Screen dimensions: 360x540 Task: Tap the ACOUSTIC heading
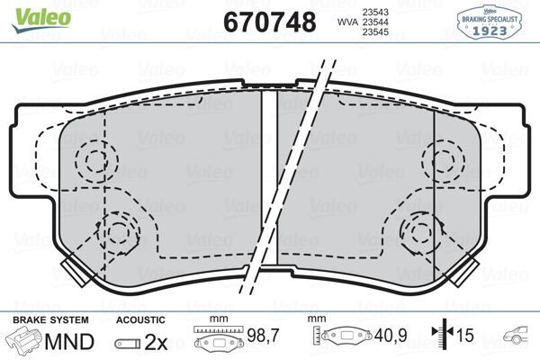click(x=142, y=319)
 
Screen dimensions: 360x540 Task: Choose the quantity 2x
click(x=157, y=342)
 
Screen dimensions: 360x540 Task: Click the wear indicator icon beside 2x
click(x=128, y=343)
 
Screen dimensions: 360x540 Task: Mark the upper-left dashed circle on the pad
click(x=92, y=160)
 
